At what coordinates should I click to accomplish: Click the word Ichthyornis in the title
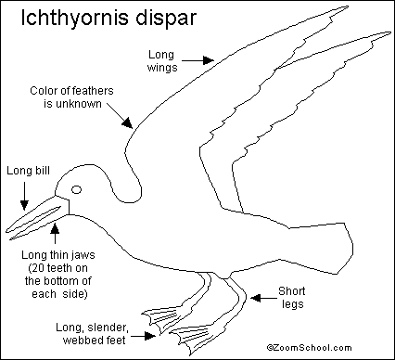74,18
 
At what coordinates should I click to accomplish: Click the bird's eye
76,189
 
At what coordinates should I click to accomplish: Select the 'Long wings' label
161,61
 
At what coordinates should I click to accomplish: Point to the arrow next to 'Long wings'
197,60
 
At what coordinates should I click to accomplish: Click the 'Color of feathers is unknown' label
71,97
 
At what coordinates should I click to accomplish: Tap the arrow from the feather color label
121,115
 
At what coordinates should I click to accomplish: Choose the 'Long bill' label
28,171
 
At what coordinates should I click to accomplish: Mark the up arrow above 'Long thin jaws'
55,234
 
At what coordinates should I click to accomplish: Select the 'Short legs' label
292,298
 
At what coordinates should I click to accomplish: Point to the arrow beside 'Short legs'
263,298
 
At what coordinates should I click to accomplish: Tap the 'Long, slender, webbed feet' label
92,334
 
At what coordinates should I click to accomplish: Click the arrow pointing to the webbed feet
143,336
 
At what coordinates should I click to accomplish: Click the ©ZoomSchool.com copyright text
310,348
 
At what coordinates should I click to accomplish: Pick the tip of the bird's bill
6,230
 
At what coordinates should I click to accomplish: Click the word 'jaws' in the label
83,255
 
